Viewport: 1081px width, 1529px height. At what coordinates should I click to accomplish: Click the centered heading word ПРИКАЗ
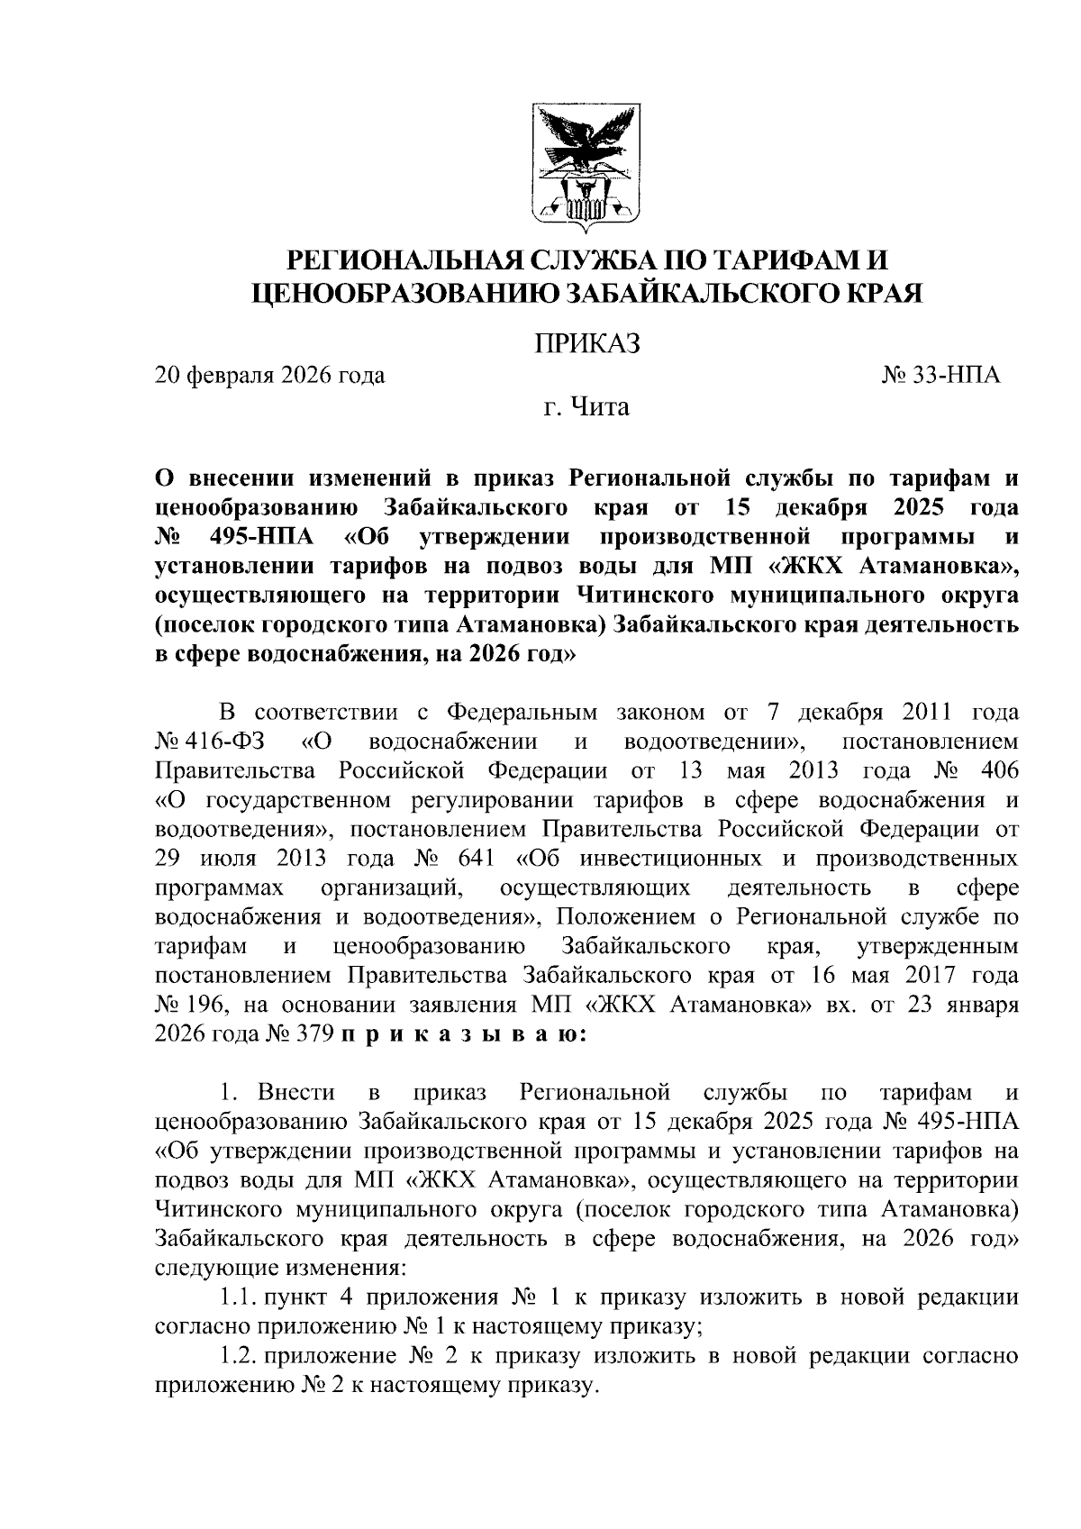click(587, 343)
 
